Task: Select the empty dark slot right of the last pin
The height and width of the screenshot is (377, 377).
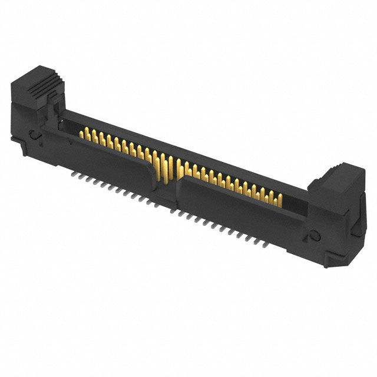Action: coord(292,203)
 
